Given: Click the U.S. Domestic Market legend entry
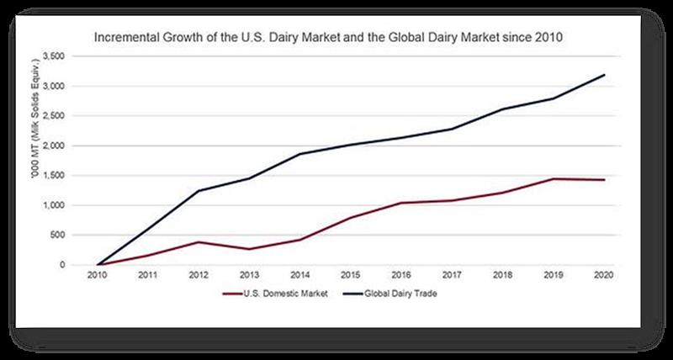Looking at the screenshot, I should click(278, 294).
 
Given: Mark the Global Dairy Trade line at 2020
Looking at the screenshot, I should click(604, 76).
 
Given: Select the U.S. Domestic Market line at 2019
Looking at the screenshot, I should click(554, 178).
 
